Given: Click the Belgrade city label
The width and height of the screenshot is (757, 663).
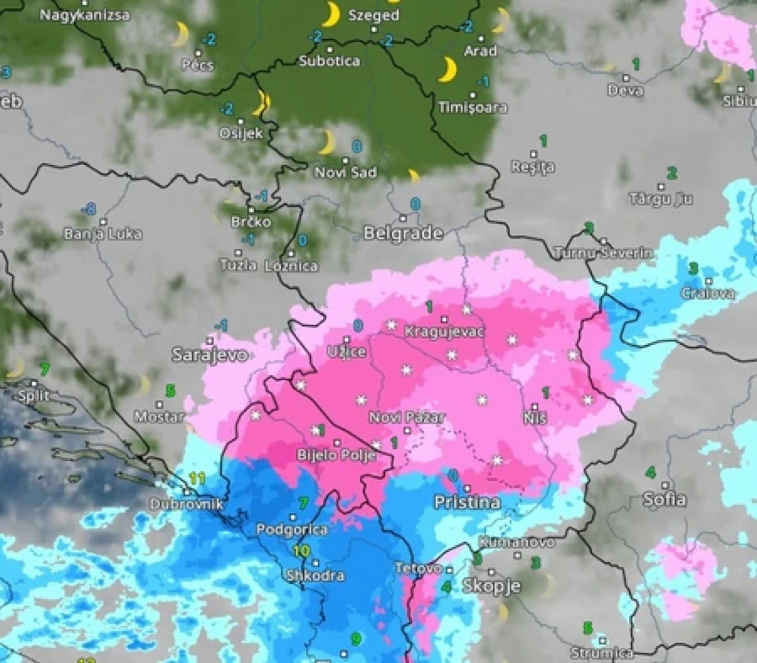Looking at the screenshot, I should click(x=403, y=233).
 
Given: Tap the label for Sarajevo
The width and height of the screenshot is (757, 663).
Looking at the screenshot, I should click(x=209, y=354).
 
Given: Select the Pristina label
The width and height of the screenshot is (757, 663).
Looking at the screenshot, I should click(x=467, y=502).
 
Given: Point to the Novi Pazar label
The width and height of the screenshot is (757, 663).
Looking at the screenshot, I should click(x=401, y=417).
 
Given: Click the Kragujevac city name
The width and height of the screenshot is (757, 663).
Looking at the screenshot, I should click(x=444, y=331).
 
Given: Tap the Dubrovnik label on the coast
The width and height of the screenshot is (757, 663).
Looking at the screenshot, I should click(x=186, y=504).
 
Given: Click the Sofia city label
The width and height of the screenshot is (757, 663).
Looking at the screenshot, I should click(x=664, y=499).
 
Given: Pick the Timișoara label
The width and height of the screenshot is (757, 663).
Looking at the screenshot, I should click(x=473, y=108).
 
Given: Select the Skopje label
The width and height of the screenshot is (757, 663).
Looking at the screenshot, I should click(x=491, y=586).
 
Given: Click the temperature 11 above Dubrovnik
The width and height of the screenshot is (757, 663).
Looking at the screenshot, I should click(x=198, y=479).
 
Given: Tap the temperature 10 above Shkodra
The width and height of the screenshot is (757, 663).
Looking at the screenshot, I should click(x=302, y=552).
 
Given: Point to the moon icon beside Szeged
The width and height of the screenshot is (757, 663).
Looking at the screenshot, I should click(x=331, y=14).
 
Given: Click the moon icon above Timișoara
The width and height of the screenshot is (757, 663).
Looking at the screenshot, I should click(x=447, y=70).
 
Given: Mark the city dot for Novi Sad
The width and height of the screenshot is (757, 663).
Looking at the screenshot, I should click(x=345, y=159).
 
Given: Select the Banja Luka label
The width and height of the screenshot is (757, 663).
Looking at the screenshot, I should click(x=103, y=234).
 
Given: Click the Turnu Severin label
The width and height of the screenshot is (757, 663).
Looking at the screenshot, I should click(x=604, y=252).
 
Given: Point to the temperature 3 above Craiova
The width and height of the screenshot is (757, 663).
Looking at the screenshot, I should click(x=693, y=269).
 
